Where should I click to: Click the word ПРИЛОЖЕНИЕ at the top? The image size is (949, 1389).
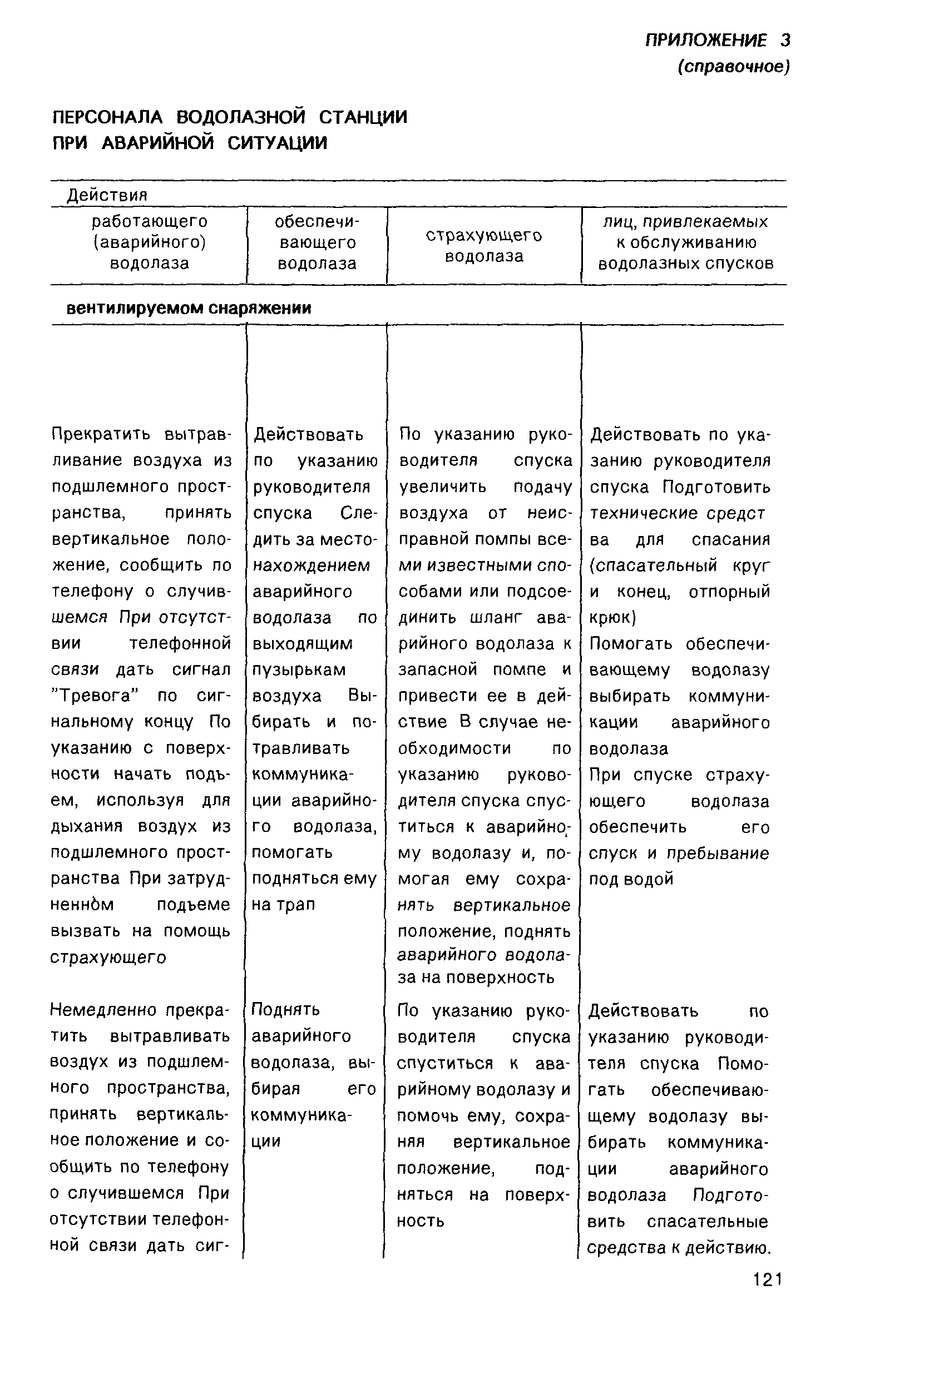[705, 41]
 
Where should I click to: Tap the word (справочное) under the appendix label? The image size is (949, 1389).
[734, 67]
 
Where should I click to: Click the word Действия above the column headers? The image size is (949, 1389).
[107, 195]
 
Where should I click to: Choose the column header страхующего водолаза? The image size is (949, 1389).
[484, 246]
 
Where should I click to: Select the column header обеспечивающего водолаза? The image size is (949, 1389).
[317, 242]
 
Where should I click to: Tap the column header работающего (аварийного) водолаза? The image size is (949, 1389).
[150, 242]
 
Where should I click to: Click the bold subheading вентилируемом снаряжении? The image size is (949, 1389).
[189, 309]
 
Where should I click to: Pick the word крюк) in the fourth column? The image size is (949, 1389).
[613, 617]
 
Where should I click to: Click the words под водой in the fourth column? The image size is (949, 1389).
[631, 879]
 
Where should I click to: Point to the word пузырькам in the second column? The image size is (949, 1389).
[299, 669]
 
